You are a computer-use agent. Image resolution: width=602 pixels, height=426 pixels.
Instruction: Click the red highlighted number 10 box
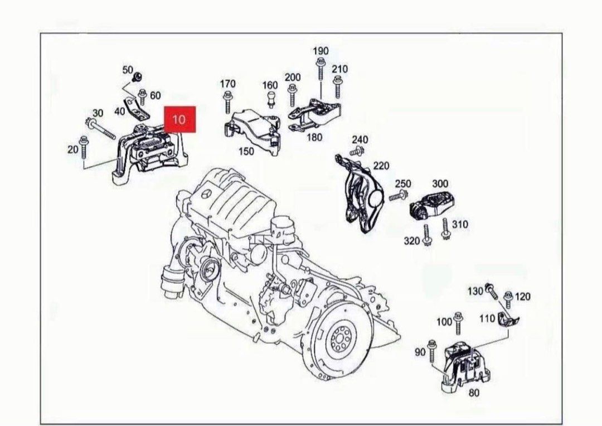179,119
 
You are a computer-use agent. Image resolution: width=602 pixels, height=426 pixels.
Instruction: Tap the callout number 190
320,51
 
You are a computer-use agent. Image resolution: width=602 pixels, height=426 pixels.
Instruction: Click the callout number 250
402,184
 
